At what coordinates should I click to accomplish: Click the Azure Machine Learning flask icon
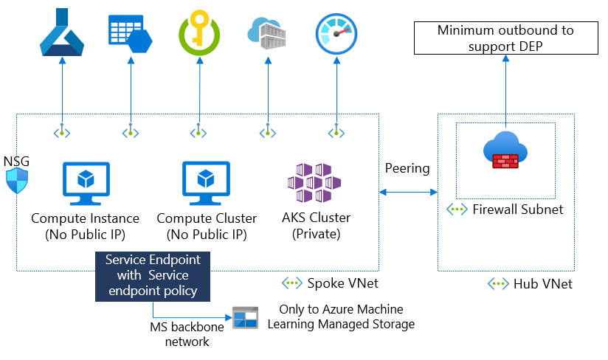click(62, 35)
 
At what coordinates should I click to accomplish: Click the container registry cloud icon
click(266, 33)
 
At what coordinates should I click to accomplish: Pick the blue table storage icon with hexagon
click(130, 33)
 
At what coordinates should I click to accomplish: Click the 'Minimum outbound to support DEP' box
click(505, 38)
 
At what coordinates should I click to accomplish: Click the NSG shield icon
click(17, 179)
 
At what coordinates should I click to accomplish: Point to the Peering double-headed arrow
click(408, 192)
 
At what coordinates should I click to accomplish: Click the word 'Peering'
click(407, 168)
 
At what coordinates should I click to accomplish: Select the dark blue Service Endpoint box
click(153, 275)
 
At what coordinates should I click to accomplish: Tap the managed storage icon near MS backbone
click(245, 318)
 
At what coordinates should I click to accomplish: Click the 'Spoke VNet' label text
click(336, 283)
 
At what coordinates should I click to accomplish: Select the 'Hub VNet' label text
click(542, 284)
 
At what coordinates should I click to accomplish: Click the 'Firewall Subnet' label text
click(517, 210)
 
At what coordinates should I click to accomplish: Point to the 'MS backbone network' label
click(179, 334)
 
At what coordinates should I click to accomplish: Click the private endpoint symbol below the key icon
click(198, 133)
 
